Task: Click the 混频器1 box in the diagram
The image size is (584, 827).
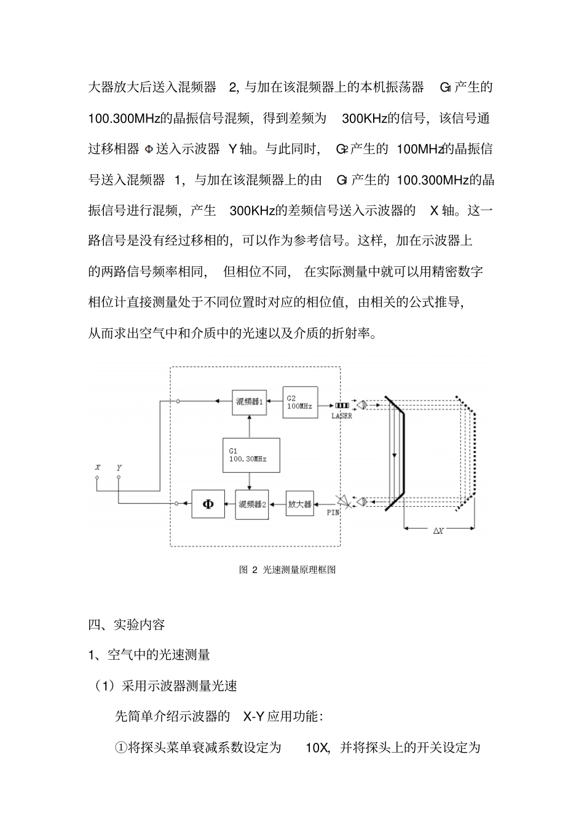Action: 250,402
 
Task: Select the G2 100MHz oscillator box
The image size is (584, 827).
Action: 300,402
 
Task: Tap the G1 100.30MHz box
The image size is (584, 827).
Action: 251,455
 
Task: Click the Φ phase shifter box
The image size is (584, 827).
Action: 208,504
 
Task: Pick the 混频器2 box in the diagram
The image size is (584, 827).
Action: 251,504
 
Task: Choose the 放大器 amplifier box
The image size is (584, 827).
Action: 300,504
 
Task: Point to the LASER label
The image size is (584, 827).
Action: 342,416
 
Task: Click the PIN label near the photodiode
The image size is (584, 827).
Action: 333,512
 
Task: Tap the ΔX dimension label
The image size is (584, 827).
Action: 438,531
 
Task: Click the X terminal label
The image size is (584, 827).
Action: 97,468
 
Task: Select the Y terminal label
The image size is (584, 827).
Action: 119,468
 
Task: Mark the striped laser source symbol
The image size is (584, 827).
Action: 342,406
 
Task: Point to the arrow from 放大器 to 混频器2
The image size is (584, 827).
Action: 277,504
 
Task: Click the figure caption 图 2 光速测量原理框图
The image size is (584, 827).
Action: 287,570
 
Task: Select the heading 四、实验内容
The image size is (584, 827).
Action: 127,625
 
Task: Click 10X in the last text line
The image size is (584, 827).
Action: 318,748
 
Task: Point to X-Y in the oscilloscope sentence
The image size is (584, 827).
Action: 254,716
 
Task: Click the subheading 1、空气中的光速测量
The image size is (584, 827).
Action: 149,655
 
